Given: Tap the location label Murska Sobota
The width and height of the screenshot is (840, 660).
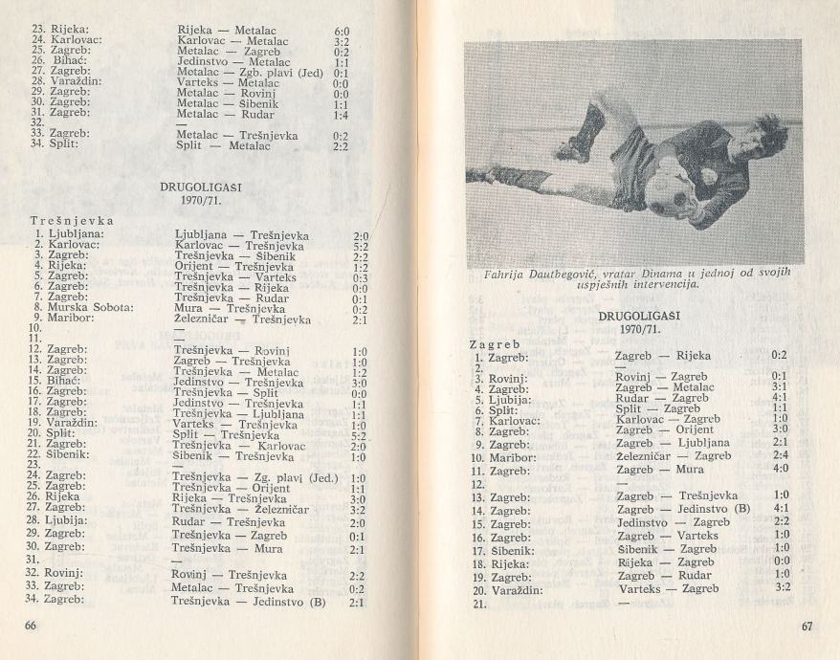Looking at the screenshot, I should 67,309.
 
